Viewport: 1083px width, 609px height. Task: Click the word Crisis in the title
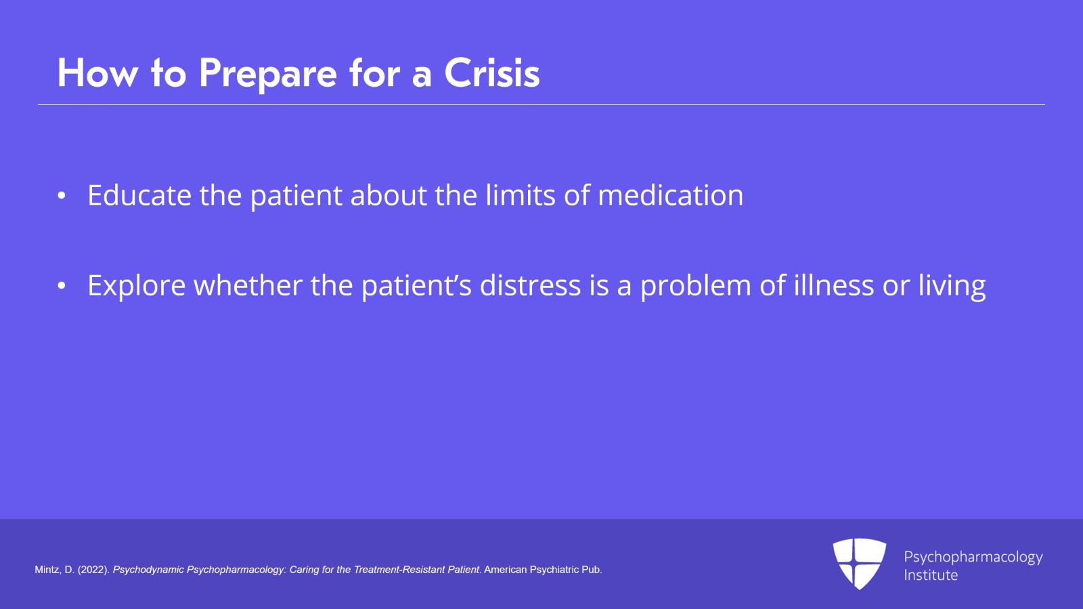pos(491,73)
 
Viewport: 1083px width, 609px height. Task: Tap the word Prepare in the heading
pos(268,75)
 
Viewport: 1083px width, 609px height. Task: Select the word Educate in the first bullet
pos(139,195)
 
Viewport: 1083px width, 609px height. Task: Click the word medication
pos(671,195)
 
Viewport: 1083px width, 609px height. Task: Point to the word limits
pos(521,195)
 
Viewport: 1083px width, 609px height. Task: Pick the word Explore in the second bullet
pos(136,285)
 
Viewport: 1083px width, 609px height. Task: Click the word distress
pos(531,285)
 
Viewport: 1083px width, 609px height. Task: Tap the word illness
pos(834,285)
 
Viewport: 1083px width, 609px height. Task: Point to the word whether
pos(248,285)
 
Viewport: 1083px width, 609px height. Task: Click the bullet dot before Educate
pos(62,195)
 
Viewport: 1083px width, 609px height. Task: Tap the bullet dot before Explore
pos(62,286)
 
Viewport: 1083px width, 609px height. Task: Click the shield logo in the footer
pos(860,564)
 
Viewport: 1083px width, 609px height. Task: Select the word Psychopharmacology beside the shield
pos(973,558)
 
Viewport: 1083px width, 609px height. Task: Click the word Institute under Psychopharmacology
pos(931,575)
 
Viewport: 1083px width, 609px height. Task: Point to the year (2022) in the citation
pos(94,570)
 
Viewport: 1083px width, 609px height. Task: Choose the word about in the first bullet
pos(389,195)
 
